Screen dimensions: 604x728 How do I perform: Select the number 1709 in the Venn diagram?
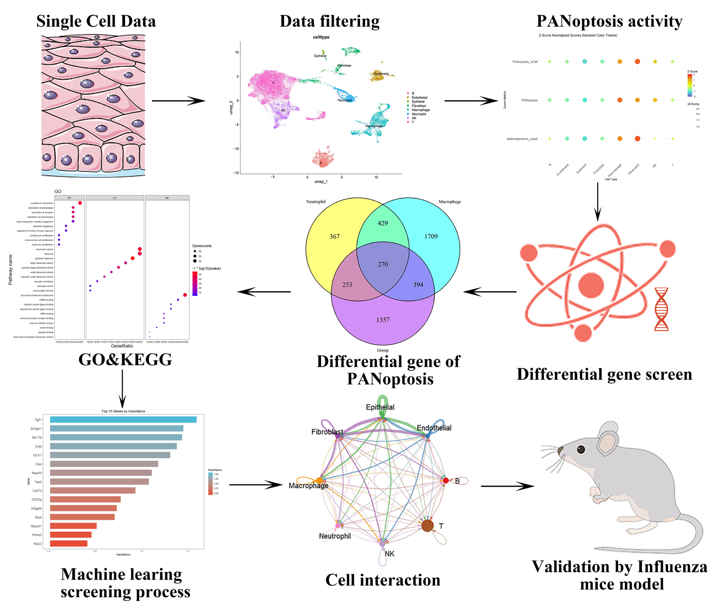[x=431, y=236]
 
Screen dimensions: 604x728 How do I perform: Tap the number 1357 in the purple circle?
[x=383, y=320]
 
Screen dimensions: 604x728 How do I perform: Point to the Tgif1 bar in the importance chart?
[x=123, y=420]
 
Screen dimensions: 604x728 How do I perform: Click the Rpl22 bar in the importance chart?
[x=69, y=543]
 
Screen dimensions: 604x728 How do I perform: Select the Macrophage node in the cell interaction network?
[x=319, y=481]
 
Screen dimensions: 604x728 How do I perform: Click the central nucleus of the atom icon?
[x=591, y=285]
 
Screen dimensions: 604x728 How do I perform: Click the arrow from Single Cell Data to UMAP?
[x=179, y=101]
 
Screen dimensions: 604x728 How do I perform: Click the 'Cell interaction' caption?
[x=383, y=580]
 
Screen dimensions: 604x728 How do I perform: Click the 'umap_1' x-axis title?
[x=321, y=182]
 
